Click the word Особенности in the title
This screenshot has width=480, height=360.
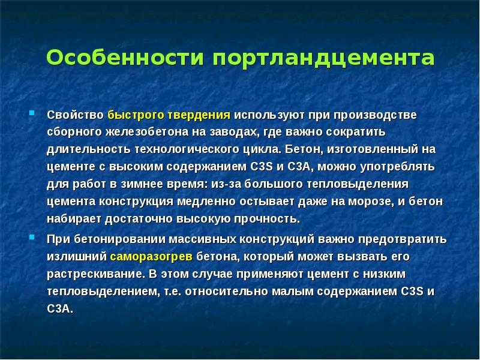coord(125,57)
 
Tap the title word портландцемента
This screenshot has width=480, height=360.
coord(323,59)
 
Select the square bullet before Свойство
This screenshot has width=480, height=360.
coord(32,113)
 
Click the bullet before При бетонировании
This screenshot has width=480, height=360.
coord(32,237)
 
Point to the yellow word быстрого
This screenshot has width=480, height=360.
coord(136,115)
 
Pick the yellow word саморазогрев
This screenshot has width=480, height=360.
coord(151,257)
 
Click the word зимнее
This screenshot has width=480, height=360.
coord(142,184)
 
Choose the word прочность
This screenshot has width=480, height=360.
coord(266,219)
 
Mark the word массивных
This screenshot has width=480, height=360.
coord(202,239)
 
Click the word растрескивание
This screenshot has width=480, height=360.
coord(96,274)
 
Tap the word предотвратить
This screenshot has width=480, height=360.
coord(402,239)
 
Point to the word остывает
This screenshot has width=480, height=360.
coord(267,202)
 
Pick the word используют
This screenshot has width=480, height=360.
coord(269,115)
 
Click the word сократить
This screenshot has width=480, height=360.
coord(355,132)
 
